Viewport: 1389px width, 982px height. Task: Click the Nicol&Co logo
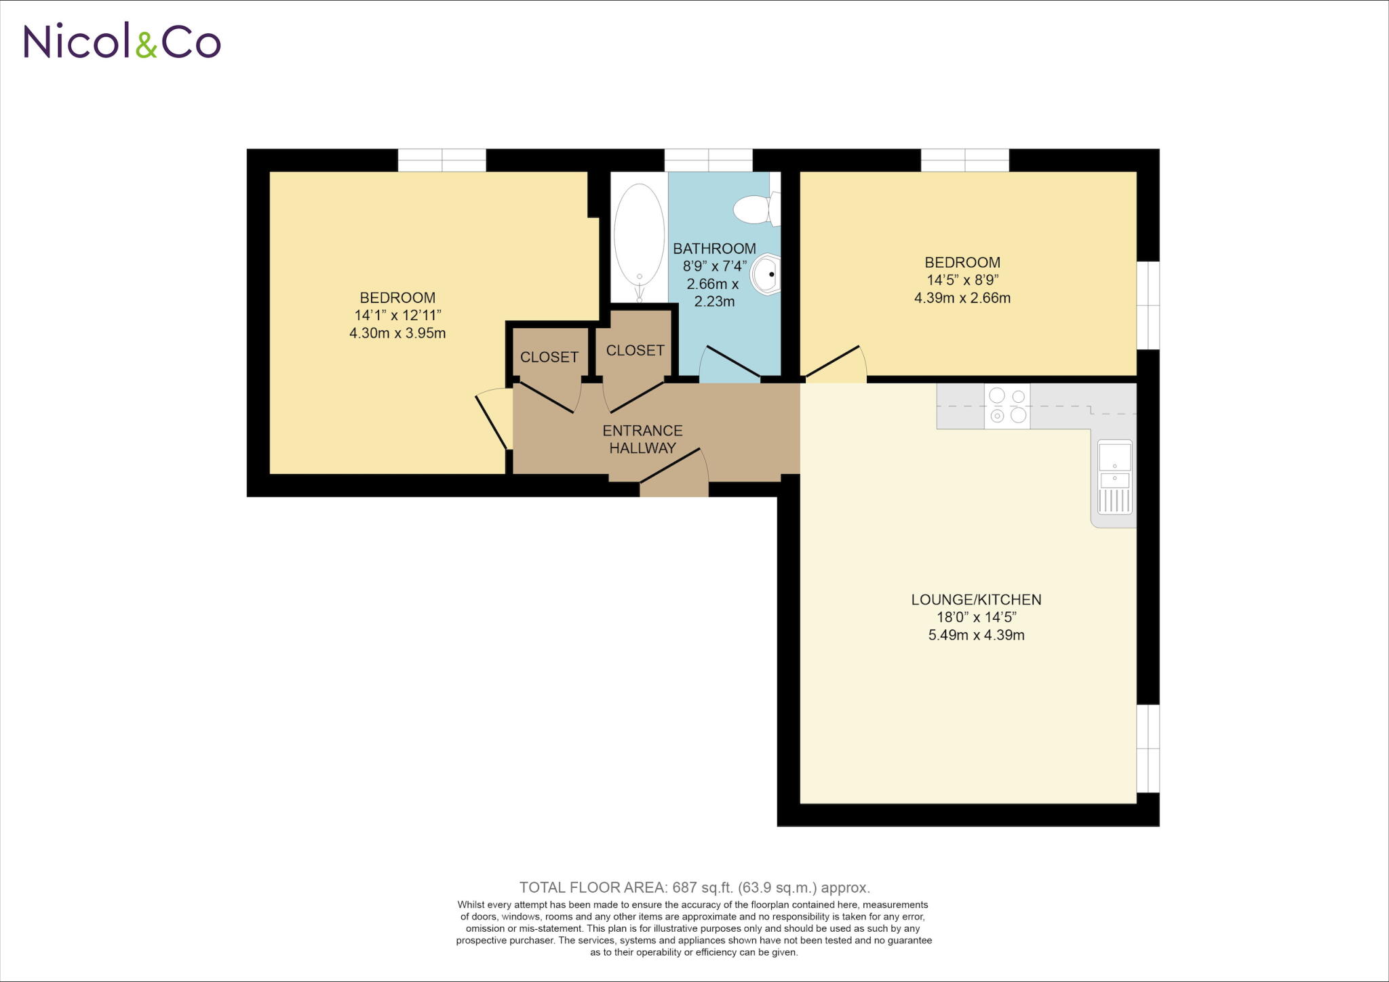(122, 41)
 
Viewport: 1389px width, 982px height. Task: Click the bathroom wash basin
(766, 275)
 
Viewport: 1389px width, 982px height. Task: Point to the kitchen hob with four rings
(1007, 406)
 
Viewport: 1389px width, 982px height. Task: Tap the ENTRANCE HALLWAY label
(642, 439)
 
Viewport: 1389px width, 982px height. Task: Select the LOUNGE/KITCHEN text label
(976, 600)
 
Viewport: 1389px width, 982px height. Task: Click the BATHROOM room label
(714, 249)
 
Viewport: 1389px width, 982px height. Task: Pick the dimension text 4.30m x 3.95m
(397, 333)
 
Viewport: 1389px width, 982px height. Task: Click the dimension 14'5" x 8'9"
(962, 279)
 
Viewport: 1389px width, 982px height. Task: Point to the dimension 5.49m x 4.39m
(976, 635)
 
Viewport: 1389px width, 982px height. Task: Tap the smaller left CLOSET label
(549, 357)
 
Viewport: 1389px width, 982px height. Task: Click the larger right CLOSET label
(635, 350)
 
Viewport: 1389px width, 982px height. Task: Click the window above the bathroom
(708, 161)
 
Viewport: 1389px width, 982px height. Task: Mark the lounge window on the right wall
(1148, 748)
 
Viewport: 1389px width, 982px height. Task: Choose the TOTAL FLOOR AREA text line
(694, 887)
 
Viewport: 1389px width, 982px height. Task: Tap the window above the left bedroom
(442, 161)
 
